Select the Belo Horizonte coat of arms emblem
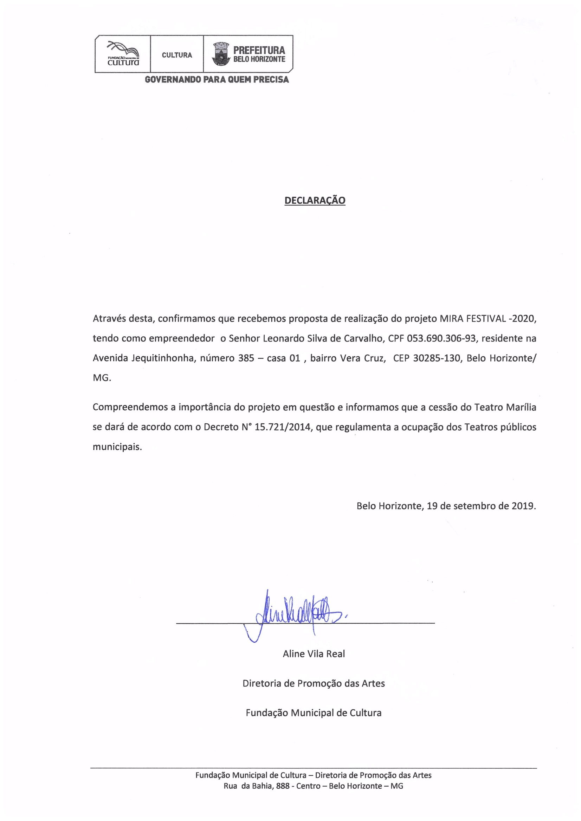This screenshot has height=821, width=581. pos(221,54)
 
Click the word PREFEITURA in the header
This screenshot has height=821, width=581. pos(259,51)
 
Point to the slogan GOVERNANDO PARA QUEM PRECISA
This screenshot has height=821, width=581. pos(217,80)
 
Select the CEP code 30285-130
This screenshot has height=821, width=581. pos(437,358)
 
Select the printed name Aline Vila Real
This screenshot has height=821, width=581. pos(314,654)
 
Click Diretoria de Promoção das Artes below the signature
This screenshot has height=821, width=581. pos(314,683)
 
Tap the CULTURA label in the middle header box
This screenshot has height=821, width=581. pos(177,55)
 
